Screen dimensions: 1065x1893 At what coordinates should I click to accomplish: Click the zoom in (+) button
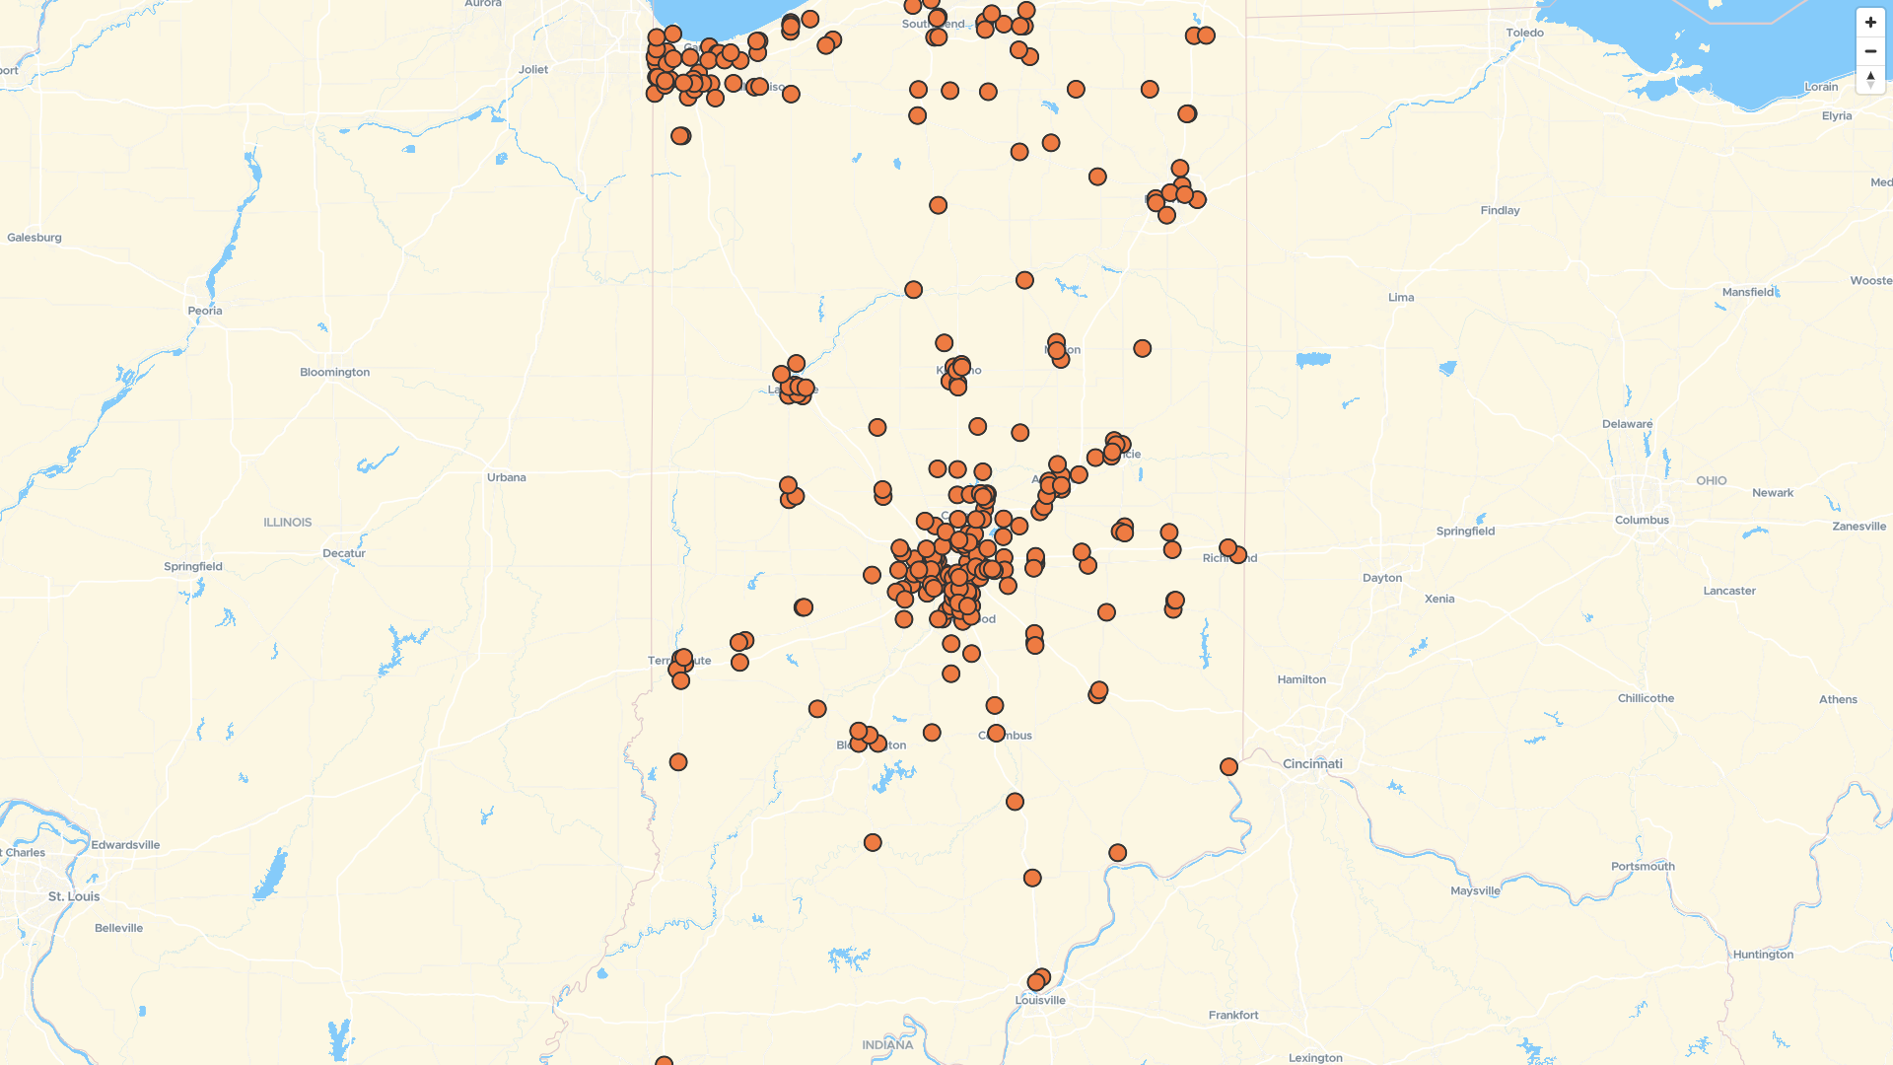tap(1870, 23)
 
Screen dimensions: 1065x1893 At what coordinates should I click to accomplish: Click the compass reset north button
tap(1870, 80)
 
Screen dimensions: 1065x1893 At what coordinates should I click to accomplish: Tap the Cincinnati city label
tap(1312, 764)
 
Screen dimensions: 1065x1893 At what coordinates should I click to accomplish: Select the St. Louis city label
tap(74, 897)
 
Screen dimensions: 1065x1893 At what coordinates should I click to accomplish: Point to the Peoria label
tap(205, 311)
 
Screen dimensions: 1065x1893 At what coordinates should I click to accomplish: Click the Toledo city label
tap(1524, 34)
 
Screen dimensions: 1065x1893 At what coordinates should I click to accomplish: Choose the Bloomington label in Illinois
tap(335, 373)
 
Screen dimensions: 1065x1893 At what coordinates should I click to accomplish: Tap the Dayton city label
tap(1382, 579)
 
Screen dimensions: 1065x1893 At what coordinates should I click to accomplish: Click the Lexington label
tap(1315, 1058)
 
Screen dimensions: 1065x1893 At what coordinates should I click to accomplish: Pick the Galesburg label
tap(35, 238)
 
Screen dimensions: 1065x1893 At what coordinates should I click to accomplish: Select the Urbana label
tap(507, 478)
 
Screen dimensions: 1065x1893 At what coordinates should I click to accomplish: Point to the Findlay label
tap(1500, 211)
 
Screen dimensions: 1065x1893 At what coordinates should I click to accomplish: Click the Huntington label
tap(1763, 955)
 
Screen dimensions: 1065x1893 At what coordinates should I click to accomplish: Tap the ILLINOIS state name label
tap(288, 523)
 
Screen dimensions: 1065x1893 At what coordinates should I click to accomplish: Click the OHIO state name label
tap(1712, 481)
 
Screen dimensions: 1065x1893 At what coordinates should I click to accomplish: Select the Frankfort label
tap(1233, 1016)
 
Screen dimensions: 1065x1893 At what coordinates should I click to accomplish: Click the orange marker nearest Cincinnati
tap(1228, 767)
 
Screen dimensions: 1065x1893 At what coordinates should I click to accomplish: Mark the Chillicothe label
tap(1646, 699)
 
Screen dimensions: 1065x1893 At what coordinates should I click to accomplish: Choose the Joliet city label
tap(533, 70)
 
